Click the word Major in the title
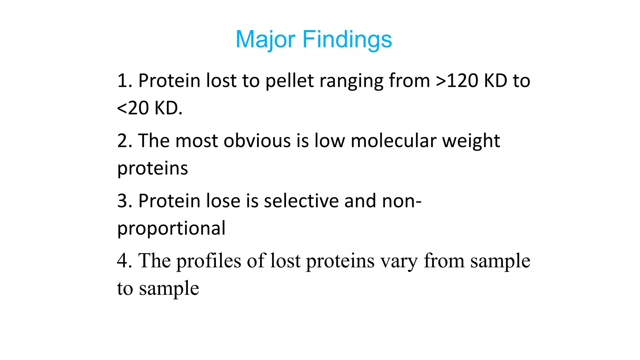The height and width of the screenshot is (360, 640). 265,39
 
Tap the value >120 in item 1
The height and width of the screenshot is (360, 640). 457,81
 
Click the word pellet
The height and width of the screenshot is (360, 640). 289,81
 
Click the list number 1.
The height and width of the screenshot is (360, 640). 123,81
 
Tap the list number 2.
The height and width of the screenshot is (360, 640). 123,141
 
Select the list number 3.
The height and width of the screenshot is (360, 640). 123,201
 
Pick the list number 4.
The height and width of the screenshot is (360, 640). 123,261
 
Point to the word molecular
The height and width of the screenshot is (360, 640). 393,141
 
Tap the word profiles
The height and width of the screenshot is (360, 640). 208,261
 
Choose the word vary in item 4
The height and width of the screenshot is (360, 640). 399,261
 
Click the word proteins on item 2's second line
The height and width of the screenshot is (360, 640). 152,169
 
